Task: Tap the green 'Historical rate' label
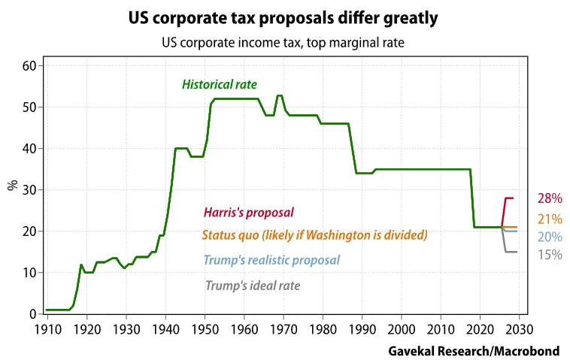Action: point(220,85)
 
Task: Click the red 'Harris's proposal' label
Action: point(249,213)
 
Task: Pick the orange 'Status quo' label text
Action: point(314,234)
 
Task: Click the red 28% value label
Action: point(550,199)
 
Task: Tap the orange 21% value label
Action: point(550,219)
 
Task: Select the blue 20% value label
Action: point(550,237)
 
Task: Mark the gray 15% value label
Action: point(550,255)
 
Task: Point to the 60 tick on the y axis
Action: point(30,66)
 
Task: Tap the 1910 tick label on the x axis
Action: point(47,329)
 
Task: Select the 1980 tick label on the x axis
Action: point(323,329)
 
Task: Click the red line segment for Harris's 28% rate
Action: point(510,198)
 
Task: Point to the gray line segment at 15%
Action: point(511,252)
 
